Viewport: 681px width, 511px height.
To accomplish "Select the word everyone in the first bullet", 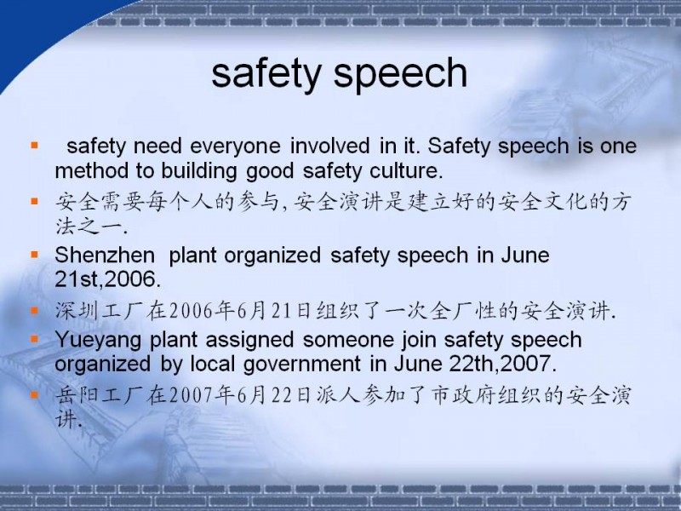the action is [x=235, y=146].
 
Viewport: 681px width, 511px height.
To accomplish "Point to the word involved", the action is [x=330, y=145].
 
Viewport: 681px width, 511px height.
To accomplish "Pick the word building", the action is [x=199, y=172].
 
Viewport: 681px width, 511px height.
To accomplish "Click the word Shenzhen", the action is [x=105, y=255].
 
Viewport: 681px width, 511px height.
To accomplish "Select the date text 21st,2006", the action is [x=108, y=279].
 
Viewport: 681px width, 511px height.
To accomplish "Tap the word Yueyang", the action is [x=98, y=340].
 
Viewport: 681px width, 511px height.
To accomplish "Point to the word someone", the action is [x=348, y=339].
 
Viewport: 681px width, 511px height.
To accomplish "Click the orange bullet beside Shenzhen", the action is [x=35, y=255].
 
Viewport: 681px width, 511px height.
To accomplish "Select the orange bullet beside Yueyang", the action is [x=35, y=339].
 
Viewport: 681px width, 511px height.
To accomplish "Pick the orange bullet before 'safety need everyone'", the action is [x=35, y=145].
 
